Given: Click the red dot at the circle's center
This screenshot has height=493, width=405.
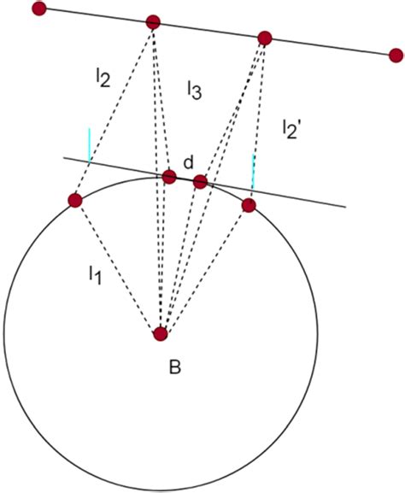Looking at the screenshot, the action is point(160,334).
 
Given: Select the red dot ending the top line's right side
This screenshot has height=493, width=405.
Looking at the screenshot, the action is point(395,56).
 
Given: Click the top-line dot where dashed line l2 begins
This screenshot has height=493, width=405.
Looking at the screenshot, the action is point(153,22).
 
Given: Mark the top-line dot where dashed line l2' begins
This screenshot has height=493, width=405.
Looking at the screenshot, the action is point(265,38).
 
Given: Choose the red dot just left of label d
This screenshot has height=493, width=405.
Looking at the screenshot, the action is point(169,177).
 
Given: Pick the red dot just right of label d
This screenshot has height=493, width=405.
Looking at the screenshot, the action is point(200,181).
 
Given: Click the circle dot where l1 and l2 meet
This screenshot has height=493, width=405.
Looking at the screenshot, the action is point(74,201).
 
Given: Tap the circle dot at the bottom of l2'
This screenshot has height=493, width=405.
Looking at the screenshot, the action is point(249,205).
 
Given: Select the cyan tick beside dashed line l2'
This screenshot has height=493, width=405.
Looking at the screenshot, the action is point(253,172).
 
